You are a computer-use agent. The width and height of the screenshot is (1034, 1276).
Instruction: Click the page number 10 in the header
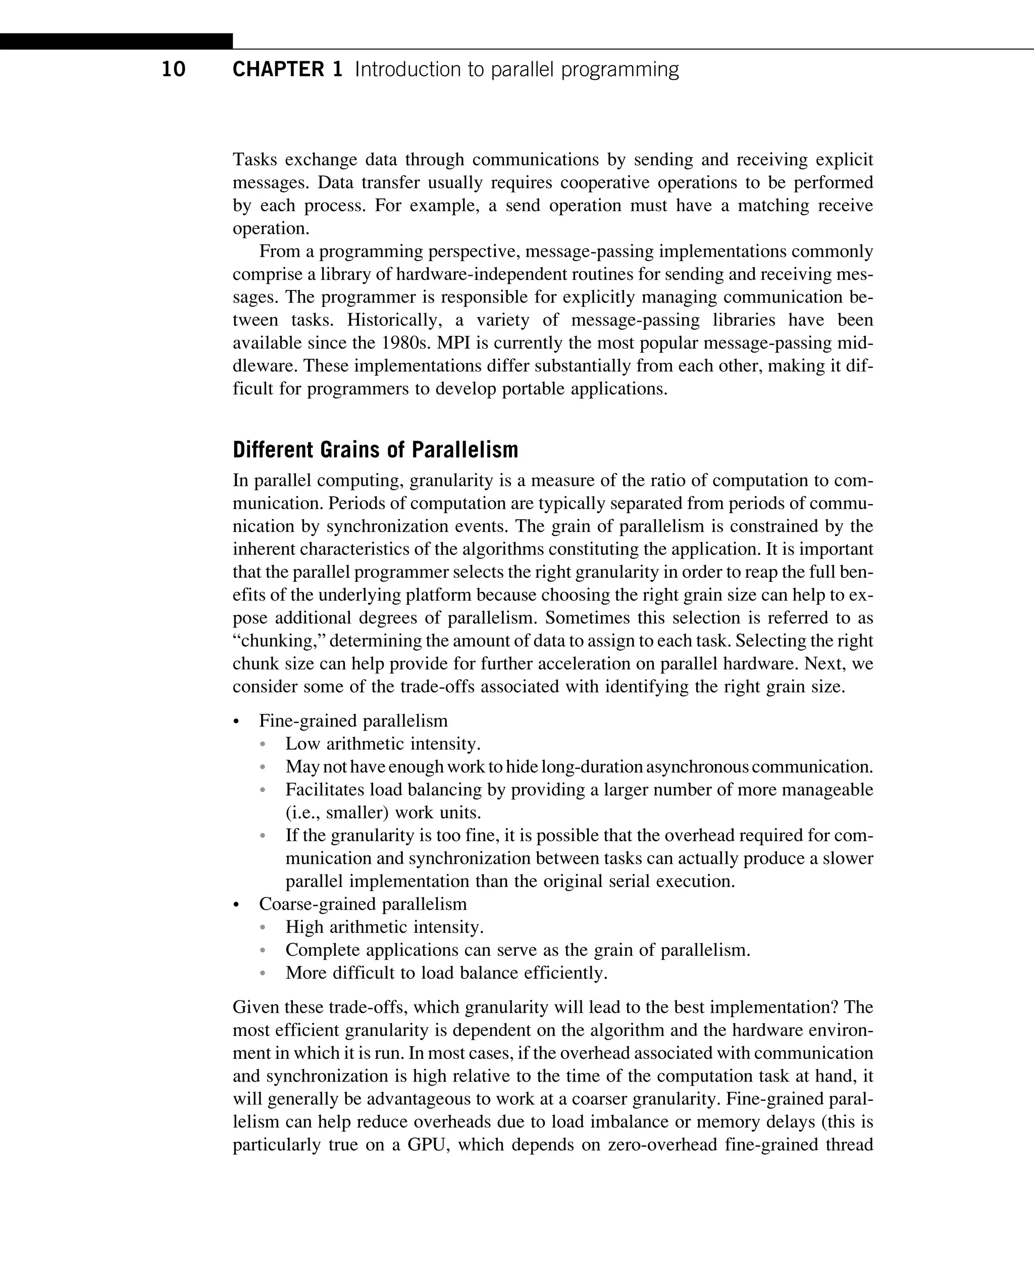(173, 70)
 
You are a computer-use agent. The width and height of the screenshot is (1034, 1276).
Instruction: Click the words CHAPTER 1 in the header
(287, 70)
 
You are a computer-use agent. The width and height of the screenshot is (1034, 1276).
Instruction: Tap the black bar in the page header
(116, 41)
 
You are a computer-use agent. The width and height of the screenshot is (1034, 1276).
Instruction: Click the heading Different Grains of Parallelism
(375, 450)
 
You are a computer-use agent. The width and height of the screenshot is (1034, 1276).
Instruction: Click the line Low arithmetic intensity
(382, 744)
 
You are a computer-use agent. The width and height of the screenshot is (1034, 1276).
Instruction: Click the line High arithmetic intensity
(384, 927)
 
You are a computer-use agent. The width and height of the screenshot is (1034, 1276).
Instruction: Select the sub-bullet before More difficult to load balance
(263, 973)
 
